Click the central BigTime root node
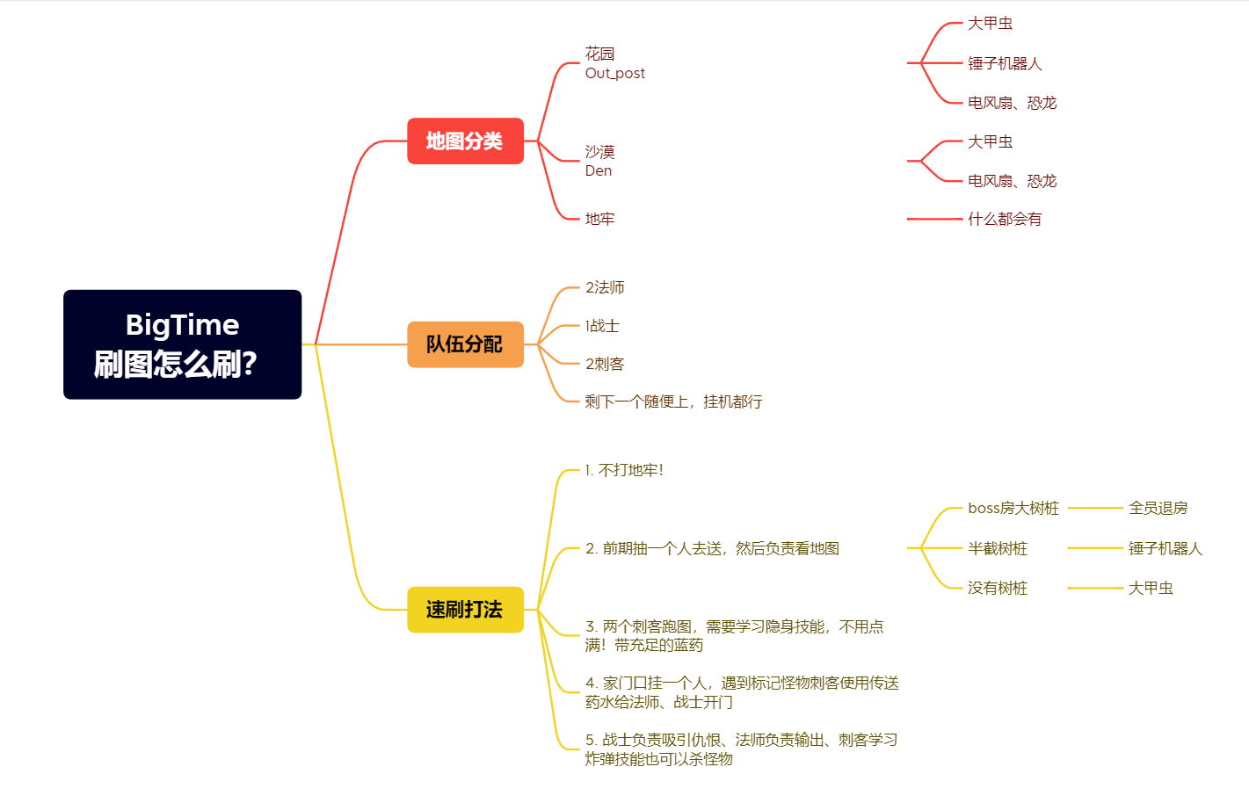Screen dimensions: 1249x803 (182, 344)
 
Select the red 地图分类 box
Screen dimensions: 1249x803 (465, 141)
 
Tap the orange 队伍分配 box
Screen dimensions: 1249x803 (465, 344)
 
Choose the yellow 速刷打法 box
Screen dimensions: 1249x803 (465, 610)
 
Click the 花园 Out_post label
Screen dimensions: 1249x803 (614, 63)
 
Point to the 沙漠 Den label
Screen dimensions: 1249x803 (600, 161)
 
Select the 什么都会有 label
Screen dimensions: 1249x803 (1005, 219)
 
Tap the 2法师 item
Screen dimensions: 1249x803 (605, 287)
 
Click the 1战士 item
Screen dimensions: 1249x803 (602, 326)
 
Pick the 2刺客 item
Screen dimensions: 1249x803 (605, 364)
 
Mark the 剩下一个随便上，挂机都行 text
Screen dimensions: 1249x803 (673, 401)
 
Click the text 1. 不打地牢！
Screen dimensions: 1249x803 (624, 470)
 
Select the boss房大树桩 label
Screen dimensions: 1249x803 (1013, 508)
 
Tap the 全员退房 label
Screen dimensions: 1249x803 (1158, 508)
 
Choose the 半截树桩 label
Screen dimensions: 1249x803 (998, 548)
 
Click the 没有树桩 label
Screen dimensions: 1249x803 (998, 588)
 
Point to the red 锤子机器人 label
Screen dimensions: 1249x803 (1005, 63)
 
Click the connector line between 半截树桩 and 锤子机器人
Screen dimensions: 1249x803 (1095, 548)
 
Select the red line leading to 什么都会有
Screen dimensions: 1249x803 (935, 219)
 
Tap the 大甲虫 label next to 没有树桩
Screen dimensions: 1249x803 (1151, 588)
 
